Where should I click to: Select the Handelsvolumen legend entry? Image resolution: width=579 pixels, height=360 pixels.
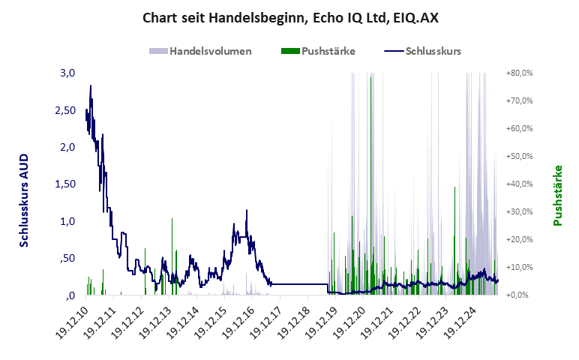[x=200, y=51]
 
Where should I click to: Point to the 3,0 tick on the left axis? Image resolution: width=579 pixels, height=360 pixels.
[x=68, y=73]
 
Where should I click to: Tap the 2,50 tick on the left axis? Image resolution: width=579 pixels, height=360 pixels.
[x=65, y=110]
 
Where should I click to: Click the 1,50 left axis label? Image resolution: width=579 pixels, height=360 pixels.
[x=65, y=184]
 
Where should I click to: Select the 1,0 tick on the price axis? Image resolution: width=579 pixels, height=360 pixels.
[x=68, y=221]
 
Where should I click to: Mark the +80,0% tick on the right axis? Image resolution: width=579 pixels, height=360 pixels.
[x=519, y=73]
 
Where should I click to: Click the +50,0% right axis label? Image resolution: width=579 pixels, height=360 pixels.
[x=519, y=157]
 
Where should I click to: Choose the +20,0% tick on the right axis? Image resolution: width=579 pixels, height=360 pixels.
[x=519, y=240]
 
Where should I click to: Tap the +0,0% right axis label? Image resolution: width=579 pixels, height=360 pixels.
[x=519, y=295]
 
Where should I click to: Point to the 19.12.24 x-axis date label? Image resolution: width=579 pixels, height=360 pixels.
[x=461, y=321]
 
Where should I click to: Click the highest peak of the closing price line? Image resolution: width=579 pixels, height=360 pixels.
[x=91, y=86]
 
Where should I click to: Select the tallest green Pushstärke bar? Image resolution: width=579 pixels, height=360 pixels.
[x=370, y=78]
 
